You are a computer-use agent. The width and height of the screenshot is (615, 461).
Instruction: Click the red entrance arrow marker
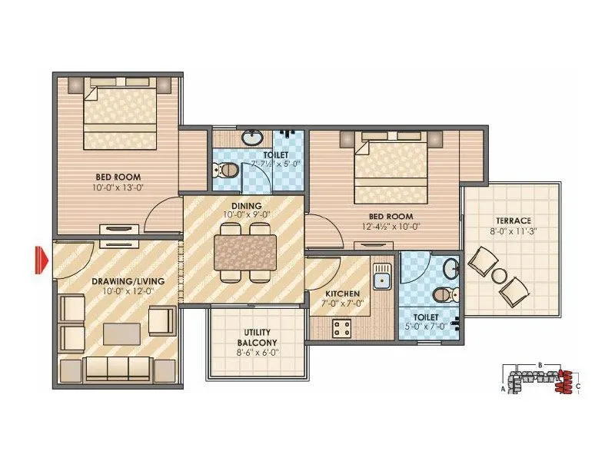click(40, 259)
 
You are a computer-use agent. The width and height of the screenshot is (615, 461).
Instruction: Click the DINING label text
click(243, 206)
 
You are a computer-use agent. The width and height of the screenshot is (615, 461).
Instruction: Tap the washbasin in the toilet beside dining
click(251, 139)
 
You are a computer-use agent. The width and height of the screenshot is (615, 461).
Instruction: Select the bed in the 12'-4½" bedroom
click(391, 166)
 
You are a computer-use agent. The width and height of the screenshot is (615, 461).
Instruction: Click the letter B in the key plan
click(541, 363)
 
